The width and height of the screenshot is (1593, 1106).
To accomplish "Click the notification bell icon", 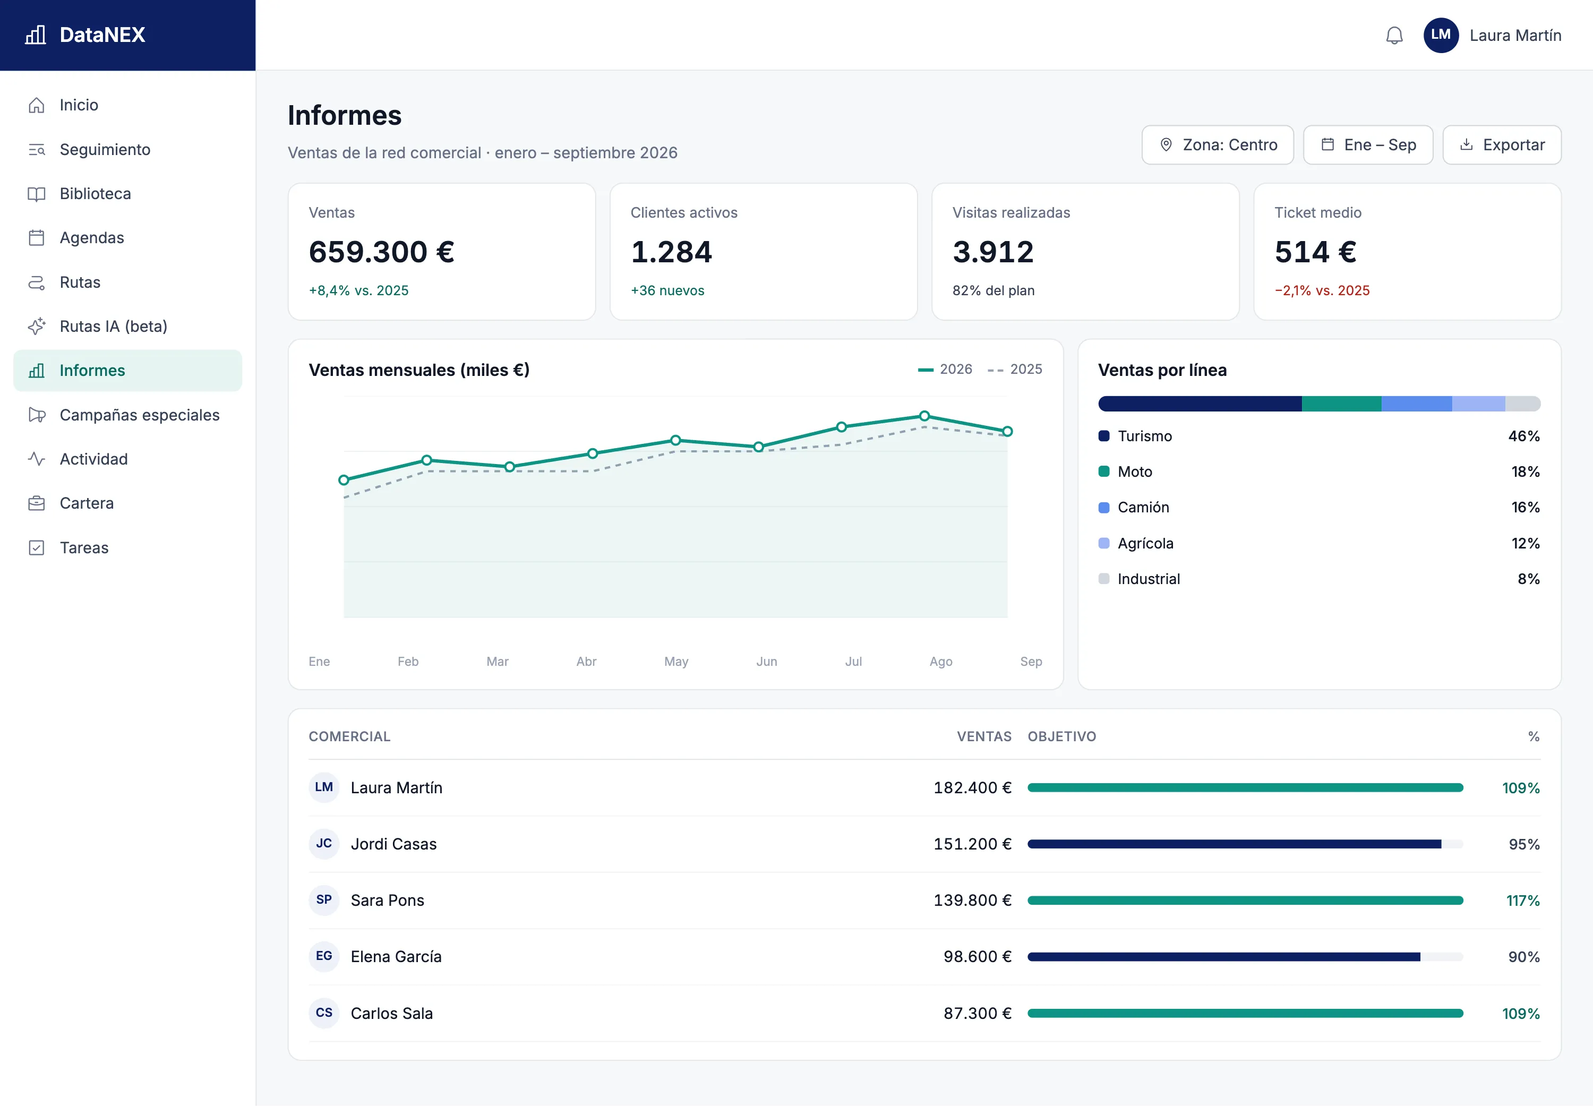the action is pyautogui.click(x=1394, y=36).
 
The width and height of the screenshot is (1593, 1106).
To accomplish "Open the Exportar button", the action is pyautogui.click(x=1502, y=145).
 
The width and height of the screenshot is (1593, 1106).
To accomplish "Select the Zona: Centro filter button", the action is pyautogui.click(x=1218, y=145).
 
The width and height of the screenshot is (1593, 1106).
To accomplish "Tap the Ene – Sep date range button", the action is pyautogui.click(x=1368, y=145).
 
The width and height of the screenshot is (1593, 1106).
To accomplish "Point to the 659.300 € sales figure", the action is pyautogui.click(x=382, y=252).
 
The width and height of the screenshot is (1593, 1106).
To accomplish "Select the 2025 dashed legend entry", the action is pyautogui.click(x=1015, y=370).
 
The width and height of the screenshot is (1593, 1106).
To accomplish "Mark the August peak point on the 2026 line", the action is pyautogui.click(x=924, y=416).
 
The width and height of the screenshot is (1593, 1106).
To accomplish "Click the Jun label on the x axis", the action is pyautogui.click(x=766, y=662).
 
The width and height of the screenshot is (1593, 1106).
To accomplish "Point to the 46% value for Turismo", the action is pyautogui.click(x=1524, y=436).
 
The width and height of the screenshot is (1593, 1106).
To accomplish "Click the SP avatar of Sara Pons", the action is pyautogui.click(x=323, y=899).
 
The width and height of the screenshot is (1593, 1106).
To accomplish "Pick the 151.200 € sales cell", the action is pyautogui.click(x=972, y=844).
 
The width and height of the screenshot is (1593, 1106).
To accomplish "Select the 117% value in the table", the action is pyautogui.click(x=1523, y=900).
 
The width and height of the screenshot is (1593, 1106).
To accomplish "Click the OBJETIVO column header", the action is pyautogui.click(x=1061, y=736).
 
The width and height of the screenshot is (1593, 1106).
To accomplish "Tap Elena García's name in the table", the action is pyautogui.click(x=396, y=956).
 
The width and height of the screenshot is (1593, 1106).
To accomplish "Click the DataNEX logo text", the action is pyautogui.click(x=102, y=35).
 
